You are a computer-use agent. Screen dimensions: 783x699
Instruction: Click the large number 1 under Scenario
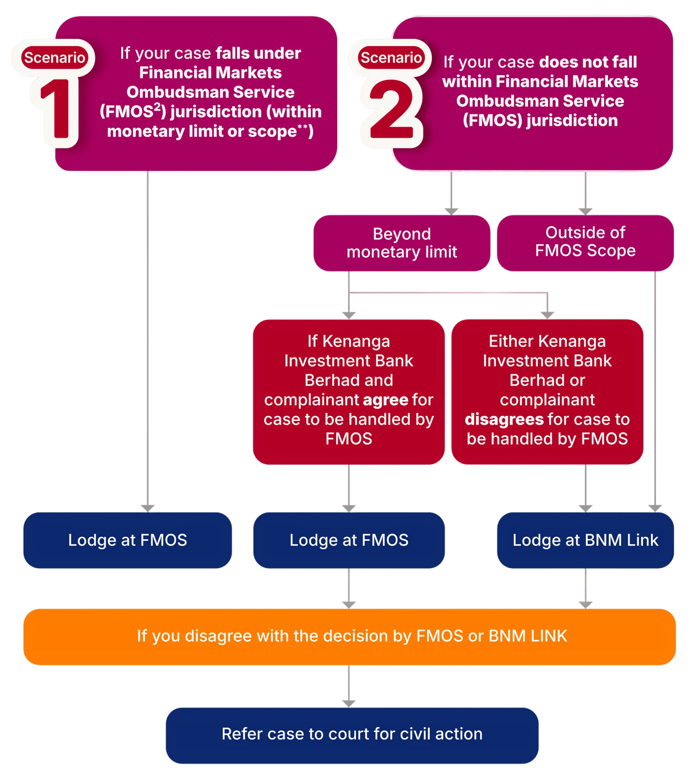point(58,109)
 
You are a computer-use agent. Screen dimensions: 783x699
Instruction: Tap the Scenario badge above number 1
point(54,58)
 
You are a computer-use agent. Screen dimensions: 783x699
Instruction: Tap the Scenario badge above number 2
point(391,58)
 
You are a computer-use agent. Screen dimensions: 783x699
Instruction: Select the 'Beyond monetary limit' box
point(402,243)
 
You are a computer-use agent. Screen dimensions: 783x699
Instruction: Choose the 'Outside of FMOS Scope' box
point(585,242)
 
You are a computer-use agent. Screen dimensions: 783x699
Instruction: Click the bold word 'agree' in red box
point(385,400)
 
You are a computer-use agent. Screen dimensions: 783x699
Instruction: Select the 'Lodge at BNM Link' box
point(585,540)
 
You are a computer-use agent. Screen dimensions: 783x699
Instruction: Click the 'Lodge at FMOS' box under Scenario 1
point(128,540)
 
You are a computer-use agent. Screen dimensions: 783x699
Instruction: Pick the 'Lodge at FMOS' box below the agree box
point(349,540)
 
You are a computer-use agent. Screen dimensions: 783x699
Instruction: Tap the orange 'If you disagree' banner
point(350,636)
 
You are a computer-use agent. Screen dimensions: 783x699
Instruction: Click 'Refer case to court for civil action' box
point(352,734)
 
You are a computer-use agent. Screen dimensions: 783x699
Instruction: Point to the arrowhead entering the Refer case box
point(349,703)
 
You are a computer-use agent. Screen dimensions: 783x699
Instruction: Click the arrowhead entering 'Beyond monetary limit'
point(451,211)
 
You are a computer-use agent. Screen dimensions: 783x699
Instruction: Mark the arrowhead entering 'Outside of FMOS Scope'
point(585,211)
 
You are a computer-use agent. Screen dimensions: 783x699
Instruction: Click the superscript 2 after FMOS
point(157,107)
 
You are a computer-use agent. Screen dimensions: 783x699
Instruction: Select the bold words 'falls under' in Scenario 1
point(258,53)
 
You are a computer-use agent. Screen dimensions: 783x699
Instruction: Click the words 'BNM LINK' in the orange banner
point(528,636)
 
